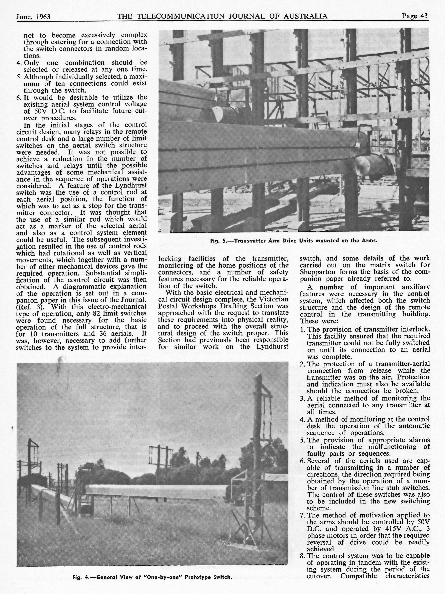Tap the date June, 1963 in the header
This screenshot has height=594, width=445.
[33, 17]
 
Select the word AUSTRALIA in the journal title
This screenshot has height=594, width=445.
[305, 16]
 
